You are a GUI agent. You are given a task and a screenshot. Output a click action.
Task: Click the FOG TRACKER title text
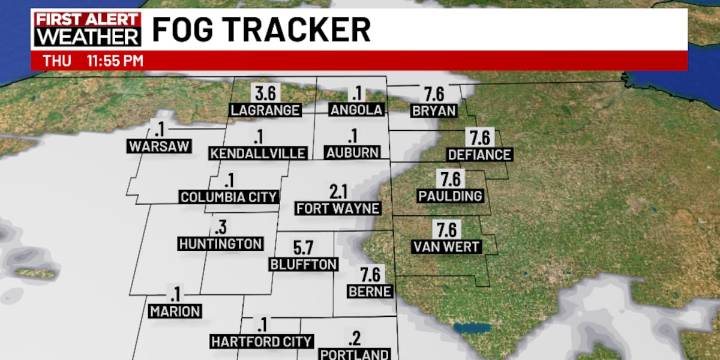pos(261,29)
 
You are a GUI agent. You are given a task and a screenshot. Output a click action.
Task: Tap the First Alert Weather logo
pos(87,29)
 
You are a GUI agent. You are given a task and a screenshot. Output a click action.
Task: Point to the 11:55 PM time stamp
pos(115,61)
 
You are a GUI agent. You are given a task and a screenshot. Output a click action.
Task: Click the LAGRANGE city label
pos(265,109)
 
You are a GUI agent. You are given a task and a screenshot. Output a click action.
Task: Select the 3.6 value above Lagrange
pos(265,93)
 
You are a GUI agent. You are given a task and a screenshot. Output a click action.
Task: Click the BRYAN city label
pos(434,110)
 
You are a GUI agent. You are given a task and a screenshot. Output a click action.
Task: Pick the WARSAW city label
pos(159,146)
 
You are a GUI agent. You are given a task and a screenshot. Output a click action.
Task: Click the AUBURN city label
pos(353,152)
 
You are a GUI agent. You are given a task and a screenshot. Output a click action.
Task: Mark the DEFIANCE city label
pos(479,154)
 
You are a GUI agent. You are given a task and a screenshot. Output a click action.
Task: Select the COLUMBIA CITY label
pos(229,197)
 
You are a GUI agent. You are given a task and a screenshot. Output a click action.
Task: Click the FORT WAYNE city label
pos(338,208)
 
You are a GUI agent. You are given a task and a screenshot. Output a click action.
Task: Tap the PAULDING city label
pos(450,196)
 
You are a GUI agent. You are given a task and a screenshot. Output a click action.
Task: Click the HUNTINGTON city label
pos(220,243)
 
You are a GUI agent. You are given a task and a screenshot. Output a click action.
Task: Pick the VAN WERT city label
pos(447,246)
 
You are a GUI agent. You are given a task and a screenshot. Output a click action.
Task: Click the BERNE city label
pos(370,290)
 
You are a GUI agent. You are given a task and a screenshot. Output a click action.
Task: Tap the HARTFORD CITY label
pos(261,341)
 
